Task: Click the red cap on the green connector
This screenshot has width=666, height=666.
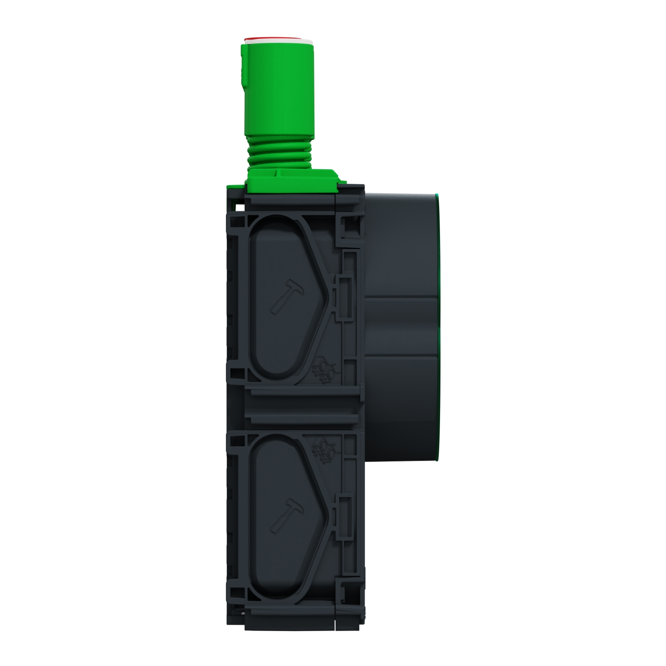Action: point(277,39)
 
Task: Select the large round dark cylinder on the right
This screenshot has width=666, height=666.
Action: point(402,328)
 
